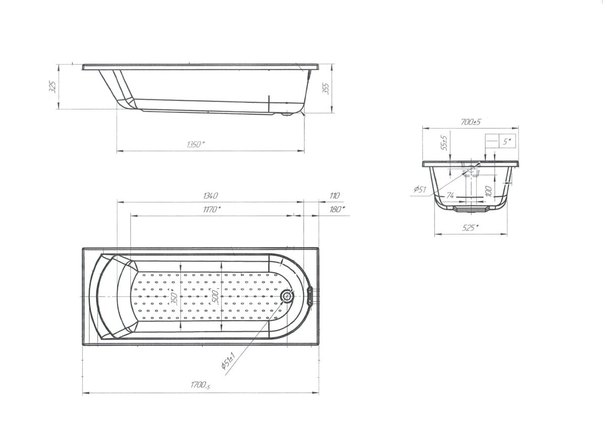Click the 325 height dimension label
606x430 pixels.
tap(54, 87)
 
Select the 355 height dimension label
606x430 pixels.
tap(326, 89)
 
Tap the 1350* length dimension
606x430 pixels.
tap(195, 145)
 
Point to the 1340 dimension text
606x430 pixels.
tap(210, 196)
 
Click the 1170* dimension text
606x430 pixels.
tap(212, 209)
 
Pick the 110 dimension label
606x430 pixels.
tap(334, 196)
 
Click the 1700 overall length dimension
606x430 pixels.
tap(200, 385)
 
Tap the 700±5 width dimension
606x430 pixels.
tap(471, 122)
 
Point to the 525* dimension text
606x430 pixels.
tap(470, 228)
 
